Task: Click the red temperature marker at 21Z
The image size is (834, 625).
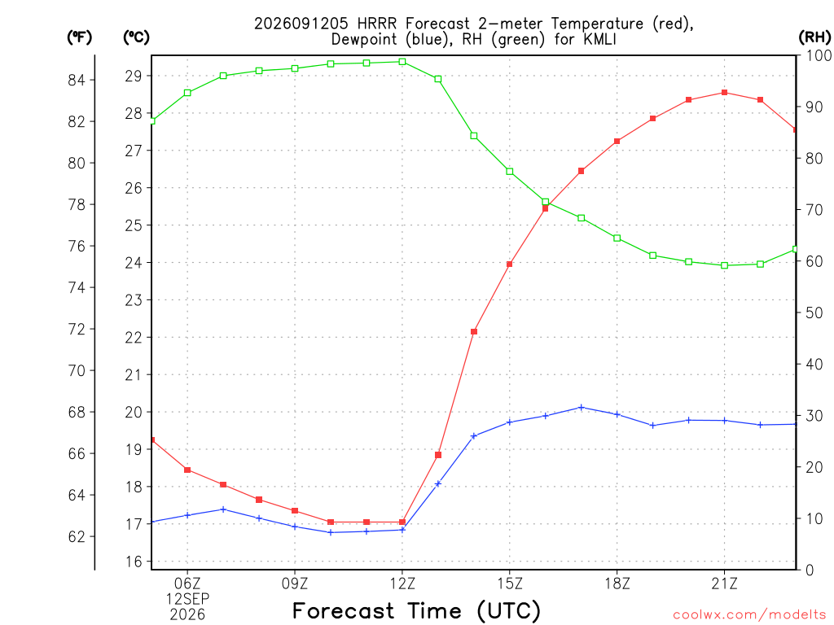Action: (x=724, y=93)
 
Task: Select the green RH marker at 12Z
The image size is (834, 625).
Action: (x=402, y=62)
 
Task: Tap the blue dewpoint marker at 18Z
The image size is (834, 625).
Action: (x=617, y=414)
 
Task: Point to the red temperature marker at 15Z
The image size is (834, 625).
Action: (x=510, y=264)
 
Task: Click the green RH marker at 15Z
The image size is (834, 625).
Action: (x=510, y=172)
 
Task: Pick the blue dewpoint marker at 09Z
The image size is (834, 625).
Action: (x=295, y=527)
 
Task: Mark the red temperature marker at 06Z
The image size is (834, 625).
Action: (x=187, y=470)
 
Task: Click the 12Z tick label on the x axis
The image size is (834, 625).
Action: (x=402, y=584)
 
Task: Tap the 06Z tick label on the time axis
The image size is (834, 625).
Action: (x=187, y=584)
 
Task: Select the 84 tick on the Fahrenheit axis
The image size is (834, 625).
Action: (x=77, y=81)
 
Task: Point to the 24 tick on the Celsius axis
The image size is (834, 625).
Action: (x=134, y=263)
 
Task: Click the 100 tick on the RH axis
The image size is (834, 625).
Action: (x=819, y=55)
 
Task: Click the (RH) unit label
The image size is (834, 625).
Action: (x=814, y=37)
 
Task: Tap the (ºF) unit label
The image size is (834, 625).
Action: (x=79, y=37)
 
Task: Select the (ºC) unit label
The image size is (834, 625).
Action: (x=136, y=37)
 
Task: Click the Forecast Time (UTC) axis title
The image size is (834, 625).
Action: (x=416, y=610)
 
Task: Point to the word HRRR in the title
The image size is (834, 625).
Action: (x=376, y=24)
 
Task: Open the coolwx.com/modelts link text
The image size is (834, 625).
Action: (x=749, y=615)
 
